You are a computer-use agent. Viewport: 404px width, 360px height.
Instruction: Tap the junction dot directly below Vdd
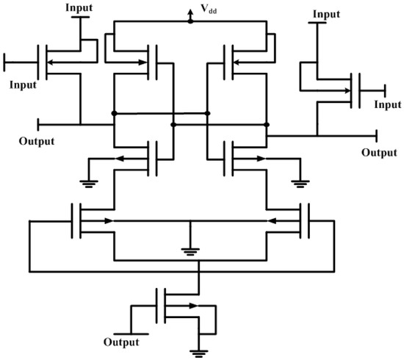click(190, 21)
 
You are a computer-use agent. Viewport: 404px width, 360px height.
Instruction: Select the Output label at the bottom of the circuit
click(121, 342)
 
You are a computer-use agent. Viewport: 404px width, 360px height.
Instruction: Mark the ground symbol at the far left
click(88, 184)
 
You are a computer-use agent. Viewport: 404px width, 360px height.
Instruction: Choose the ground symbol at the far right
click(299, 184)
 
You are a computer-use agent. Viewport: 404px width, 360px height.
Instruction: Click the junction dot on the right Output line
click(267, 135)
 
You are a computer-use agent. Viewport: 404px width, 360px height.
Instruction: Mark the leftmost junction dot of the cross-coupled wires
click(114, 113)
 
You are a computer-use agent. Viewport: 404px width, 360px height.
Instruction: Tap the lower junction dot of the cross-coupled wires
click(173, 125)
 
